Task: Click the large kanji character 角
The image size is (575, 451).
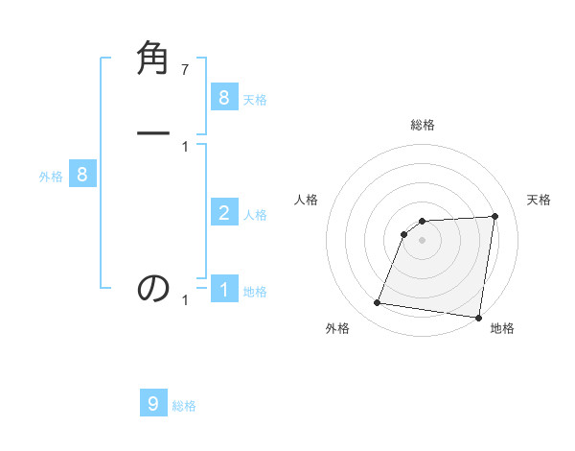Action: point(154,60)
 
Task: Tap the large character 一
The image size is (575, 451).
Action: point(154,132)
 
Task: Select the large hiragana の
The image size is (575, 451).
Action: point(154,288)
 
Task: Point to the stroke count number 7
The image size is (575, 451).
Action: point(185,69)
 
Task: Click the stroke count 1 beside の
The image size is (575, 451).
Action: point(185,300)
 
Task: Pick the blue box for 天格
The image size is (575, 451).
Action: point(223,97)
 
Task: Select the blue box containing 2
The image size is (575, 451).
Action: point(223,213)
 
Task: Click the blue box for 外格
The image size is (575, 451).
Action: point(82,175)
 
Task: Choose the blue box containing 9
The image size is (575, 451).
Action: point(153,403)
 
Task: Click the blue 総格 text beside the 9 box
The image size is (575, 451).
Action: point(184,406)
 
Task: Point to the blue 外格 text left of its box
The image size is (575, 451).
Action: point(51,177)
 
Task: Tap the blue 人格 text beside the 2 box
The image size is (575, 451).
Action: point(255,215)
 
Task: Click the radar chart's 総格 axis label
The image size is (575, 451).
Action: point(423,125)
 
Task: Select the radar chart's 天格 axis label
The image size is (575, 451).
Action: point(539,200)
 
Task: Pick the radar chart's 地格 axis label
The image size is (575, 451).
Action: point(502,328)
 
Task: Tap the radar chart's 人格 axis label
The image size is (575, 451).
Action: point(306,200)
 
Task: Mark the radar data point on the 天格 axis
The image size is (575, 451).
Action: point(494,216)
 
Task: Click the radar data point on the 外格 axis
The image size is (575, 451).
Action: point(377,303)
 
